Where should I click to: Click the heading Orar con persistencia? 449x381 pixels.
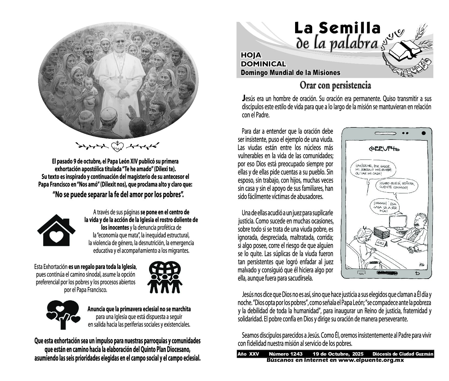tap(335, 86)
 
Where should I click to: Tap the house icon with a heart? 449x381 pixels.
tap(56, 232)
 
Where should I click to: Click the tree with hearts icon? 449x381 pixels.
tap(63, 314)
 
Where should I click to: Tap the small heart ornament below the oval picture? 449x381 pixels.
tap(117, 146)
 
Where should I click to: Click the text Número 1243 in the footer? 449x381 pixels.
tap(285, 354)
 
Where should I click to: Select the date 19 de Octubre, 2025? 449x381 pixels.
tap(338, 354)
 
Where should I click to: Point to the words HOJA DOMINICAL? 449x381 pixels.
tap(263, 60)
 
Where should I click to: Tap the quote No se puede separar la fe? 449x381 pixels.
tap(118, 194)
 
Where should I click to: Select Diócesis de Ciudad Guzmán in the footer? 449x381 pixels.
tap(403, 354)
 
